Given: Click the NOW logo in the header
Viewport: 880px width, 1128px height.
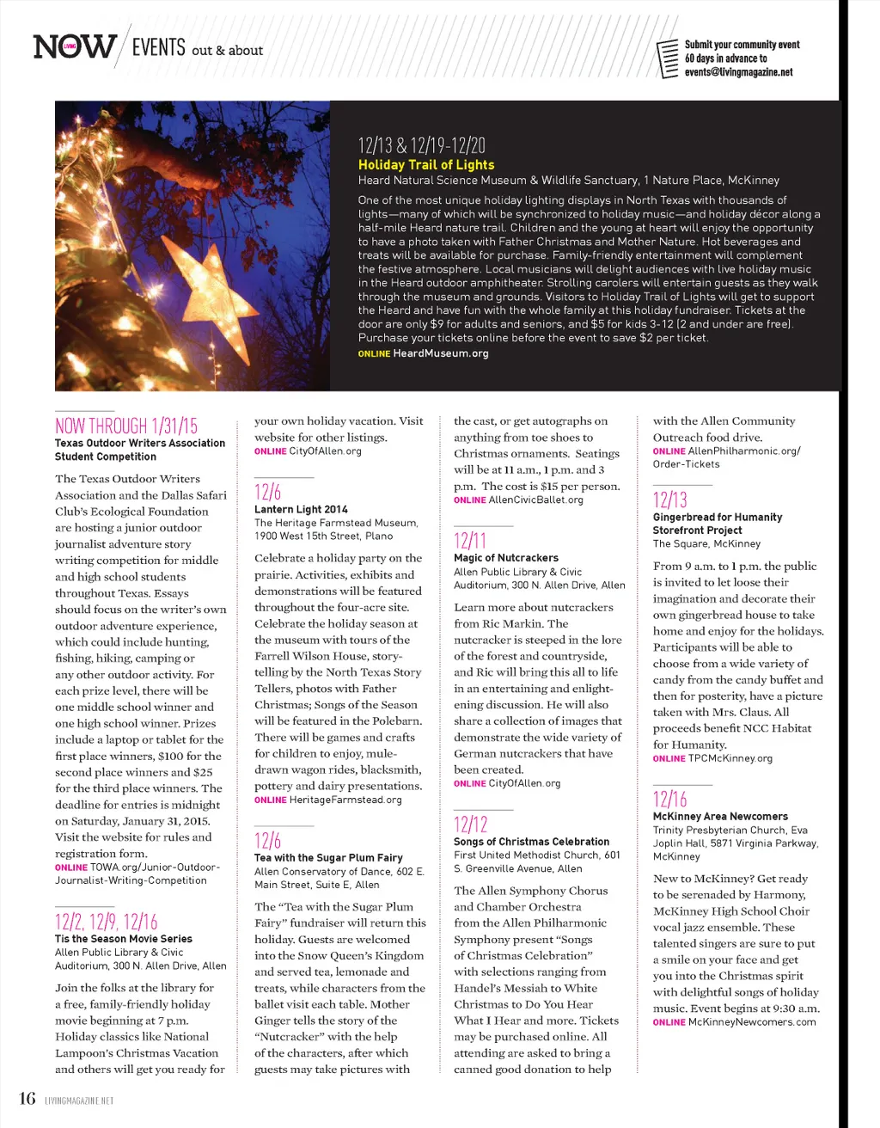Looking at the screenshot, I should coord(74,46).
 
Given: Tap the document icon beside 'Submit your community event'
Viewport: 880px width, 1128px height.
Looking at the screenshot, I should coord(667,58).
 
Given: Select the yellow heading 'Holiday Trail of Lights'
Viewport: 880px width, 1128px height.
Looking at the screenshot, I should coord(426,164).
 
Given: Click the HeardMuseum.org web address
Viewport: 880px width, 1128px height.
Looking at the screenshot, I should coord(440,353).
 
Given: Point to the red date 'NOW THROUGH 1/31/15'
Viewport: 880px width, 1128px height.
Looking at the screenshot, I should coord(126,426).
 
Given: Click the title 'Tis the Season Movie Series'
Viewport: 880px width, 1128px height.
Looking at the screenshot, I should coord(124,939).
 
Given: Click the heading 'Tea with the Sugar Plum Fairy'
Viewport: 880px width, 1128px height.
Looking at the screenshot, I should coord(328,858).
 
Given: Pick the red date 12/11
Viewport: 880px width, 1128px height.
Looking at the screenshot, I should coord(470,540).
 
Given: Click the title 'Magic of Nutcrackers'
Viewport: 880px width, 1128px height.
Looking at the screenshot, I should coord(506,558).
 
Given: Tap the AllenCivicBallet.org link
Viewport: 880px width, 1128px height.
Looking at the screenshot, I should coord(535,500).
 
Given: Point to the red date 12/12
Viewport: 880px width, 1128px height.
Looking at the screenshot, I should coord(471,825).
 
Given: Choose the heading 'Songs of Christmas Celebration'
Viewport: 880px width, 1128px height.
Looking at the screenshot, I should coord(532,842).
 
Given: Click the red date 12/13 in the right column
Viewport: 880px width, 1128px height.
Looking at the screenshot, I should coord(670,500).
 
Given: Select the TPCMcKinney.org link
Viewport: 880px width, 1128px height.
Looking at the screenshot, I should coord(730,758).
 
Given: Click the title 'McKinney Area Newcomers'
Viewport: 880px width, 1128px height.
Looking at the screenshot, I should coord(720,816).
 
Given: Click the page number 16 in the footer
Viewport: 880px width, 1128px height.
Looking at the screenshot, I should coord(27,1098).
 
